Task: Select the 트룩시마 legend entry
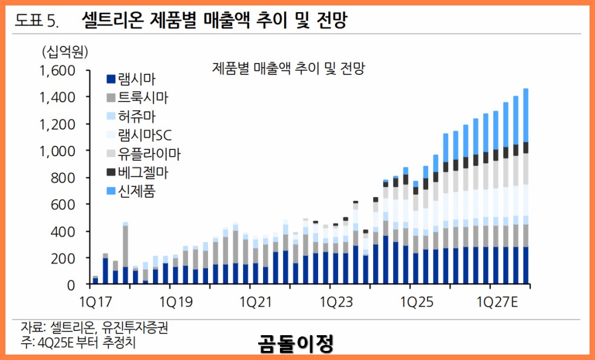point(143,97)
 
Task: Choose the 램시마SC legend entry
point(145,135)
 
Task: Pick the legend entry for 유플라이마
point(149,154)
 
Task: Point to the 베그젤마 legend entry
point(143,172)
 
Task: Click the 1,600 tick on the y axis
point(57,71)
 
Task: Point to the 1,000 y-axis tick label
point(57,151)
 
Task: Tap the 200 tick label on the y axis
point(63,258)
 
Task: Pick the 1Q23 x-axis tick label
point(334,301)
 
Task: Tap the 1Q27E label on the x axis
point(498,301)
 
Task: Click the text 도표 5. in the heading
point(36,21)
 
